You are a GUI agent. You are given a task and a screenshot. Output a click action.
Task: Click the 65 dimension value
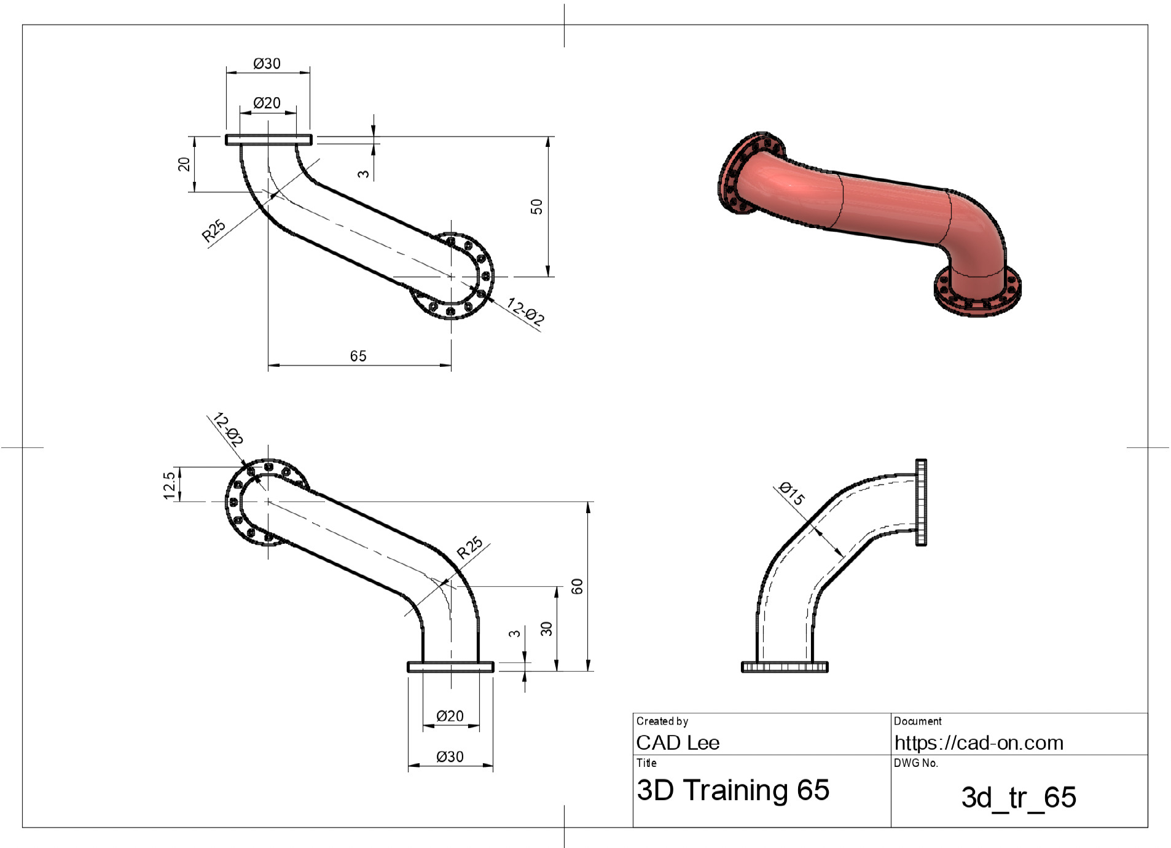[358, 356]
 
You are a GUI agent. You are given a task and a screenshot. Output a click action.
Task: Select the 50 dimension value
[536, 206]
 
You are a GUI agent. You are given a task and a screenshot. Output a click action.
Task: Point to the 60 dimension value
[577, 586]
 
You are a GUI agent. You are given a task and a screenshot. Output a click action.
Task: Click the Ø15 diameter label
[791, 493]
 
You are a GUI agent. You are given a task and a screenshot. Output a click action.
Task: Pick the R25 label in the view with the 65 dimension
[214, 230]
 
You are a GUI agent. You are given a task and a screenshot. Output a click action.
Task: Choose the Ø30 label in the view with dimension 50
[267, 63]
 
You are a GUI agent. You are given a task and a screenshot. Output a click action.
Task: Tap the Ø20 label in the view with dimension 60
[450, 716]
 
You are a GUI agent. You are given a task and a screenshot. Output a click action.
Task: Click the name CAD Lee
[678, 742]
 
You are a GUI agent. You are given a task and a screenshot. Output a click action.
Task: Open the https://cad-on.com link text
[979, 743]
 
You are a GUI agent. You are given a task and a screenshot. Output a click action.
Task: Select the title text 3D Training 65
[733, 790]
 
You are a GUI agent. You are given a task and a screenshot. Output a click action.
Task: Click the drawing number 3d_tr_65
[1019, 798]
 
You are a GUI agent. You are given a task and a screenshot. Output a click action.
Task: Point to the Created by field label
[662, 721]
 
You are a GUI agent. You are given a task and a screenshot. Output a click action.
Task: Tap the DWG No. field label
[916, 763]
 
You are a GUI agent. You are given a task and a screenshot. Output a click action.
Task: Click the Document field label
[918, 721]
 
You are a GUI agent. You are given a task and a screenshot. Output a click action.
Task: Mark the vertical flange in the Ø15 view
[921, 502]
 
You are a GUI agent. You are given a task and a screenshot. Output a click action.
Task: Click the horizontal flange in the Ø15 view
[785, 667]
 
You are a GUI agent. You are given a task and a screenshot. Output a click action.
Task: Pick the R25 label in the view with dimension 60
[470, 548]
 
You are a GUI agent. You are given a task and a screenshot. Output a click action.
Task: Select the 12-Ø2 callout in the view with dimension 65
[526, 312]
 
